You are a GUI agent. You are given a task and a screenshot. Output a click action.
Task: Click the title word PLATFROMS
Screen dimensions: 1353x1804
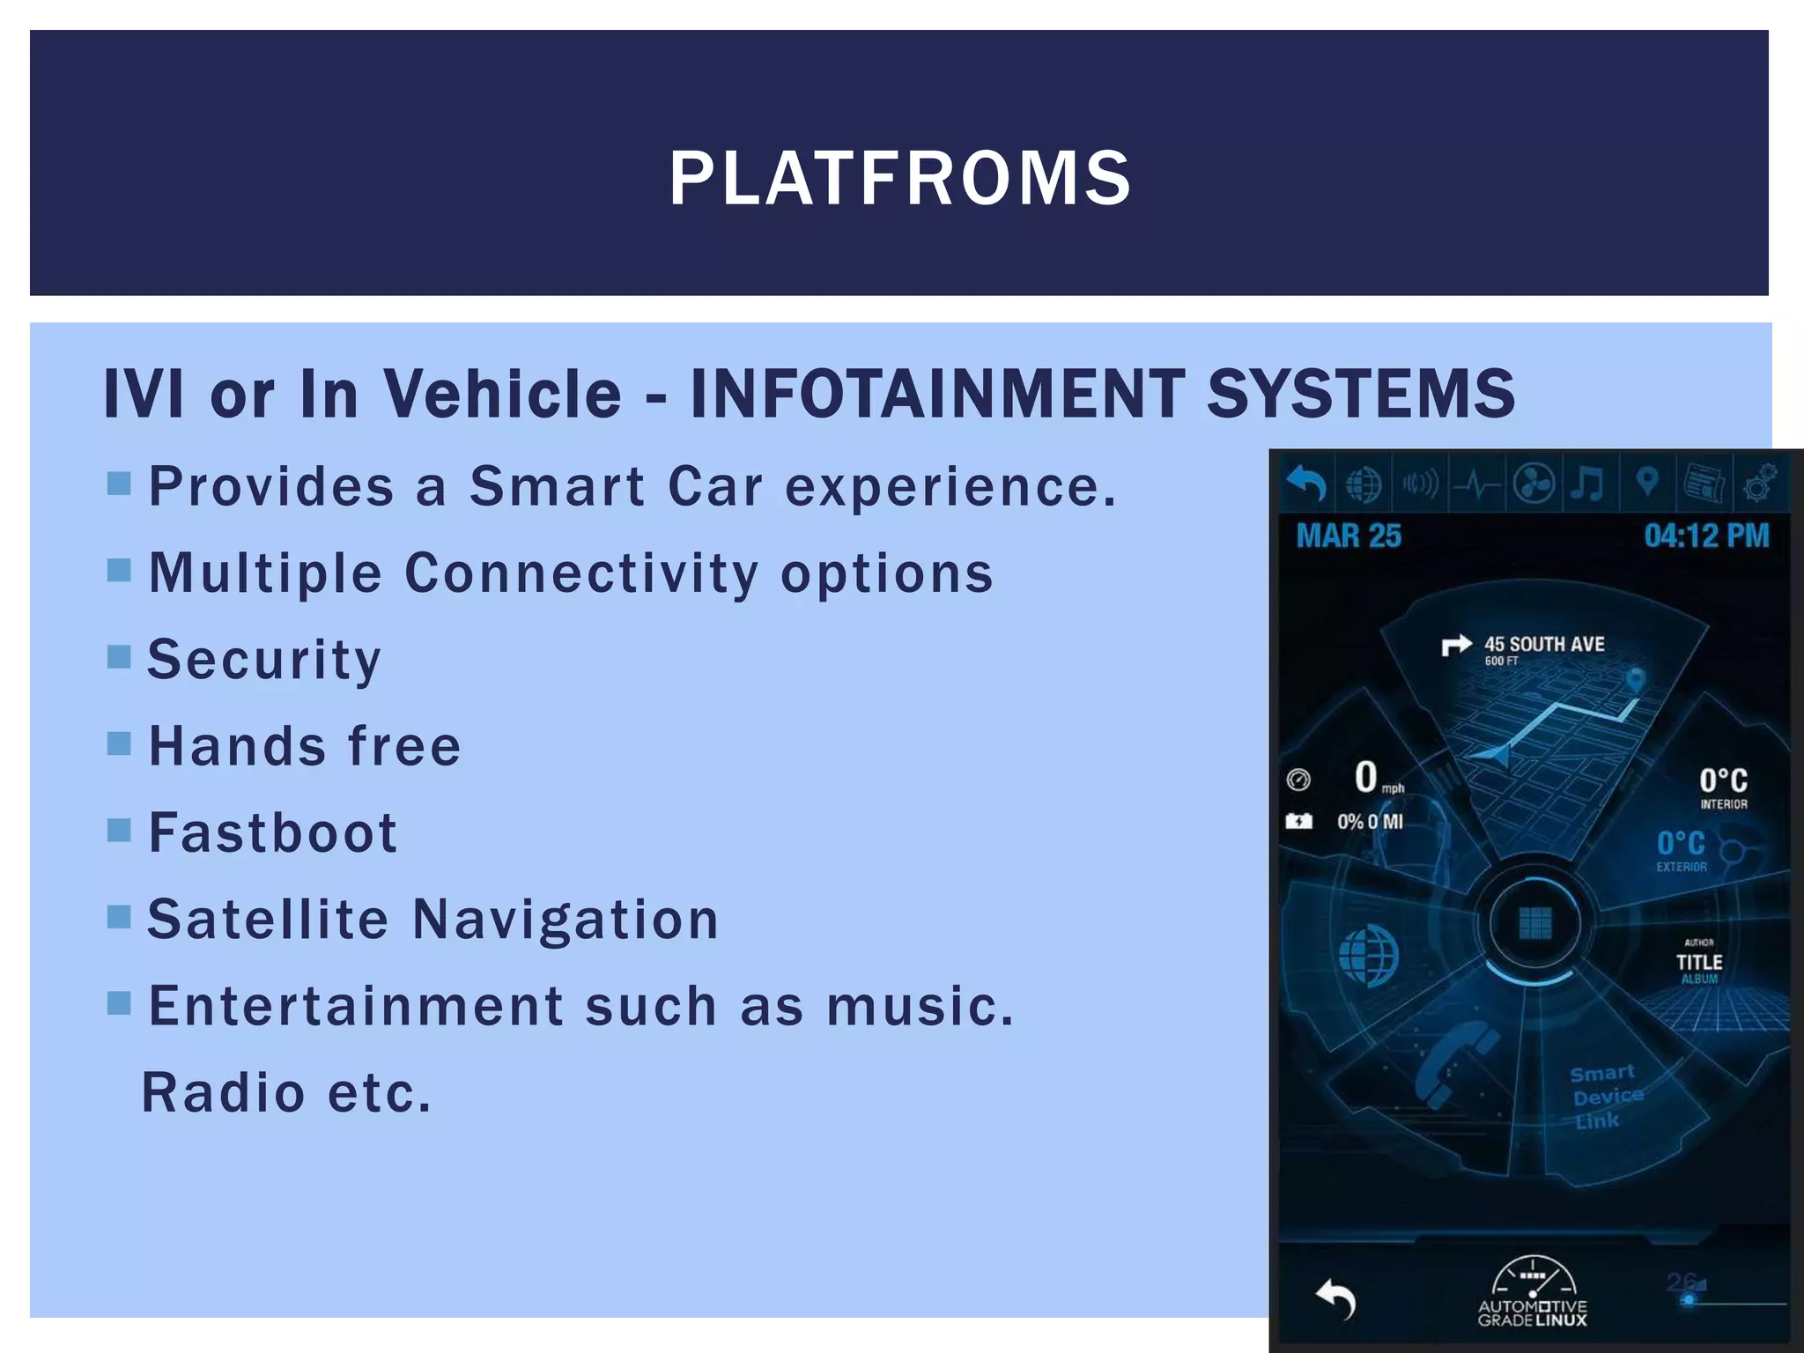(900, 179)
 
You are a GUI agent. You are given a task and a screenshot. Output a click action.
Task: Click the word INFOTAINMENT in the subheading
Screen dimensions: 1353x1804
(936, 393)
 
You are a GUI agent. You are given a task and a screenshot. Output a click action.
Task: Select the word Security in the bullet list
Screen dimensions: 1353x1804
(264, 660)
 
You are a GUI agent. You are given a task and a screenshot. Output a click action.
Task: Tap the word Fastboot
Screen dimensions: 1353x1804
(273, 832)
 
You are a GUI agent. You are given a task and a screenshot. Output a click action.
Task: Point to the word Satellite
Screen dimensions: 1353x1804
(268, 920)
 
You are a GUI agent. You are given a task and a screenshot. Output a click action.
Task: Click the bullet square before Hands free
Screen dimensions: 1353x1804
(119, 744)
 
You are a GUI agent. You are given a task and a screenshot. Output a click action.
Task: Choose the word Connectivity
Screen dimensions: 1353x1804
(581, 573)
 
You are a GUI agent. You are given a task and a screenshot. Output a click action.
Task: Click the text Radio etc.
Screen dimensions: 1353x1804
(287, 1093)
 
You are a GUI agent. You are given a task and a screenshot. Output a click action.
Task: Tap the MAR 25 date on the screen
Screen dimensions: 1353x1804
(1349, 536)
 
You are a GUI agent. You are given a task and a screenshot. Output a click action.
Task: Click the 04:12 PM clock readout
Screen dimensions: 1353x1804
(1706, 536)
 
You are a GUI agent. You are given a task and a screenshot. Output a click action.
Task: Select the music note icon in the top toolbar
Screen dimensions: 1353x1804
(1588, 484)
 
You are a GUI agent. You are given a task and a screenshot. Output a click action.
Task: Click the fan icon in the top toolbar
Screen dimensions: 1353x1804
(1533, 484)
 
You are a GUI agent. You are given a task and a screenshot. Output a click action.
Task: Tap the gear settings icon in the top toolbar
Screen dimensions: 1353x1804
(1759, 484)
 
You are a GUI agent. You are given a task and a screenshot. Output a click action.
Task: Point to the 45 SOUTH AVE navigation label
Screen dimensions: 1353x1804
(1543, 645)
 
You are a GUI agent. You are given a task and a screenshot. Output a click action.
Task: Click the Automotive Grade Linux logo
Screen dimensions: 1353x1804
(1533, 1291)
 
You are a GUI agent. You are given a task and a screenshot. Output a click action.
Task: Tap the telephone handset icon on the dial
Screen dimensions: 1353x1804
(1453, 1066)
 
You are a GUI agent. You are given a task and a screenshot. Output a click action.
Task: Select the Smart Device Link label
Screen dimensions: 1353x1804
(1605, 1097)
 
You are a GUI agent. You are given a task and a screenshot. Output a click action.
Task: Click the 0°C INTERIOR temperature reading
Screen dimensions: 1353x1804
(1723, 787)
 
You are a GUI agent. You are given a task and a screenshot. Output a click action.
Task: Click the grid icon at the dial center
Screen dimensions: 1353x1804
(1535, 923)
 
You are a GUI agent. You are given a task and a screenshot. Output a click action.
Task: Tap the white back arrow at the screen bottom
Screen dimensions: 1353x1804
(1335, 1299)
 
